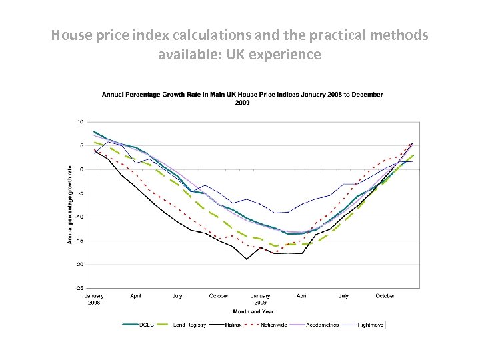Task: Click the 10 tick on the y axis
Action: click(x=80, y=122)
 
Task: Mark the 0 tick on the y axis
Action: click(x=81, y=169)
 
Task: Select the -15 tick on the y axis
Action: click(x=79, y=240)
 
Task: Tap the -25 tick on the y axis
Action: click(x=79, y=288)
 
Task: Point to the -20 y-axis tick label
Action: click(x=79, y=264)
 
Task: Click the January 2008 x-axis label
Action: click(x=94, y=299)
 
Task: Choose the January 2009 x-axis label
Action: click(x=261, y=299)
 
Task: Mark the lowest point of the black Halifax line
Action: click(x=247, y=259)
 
